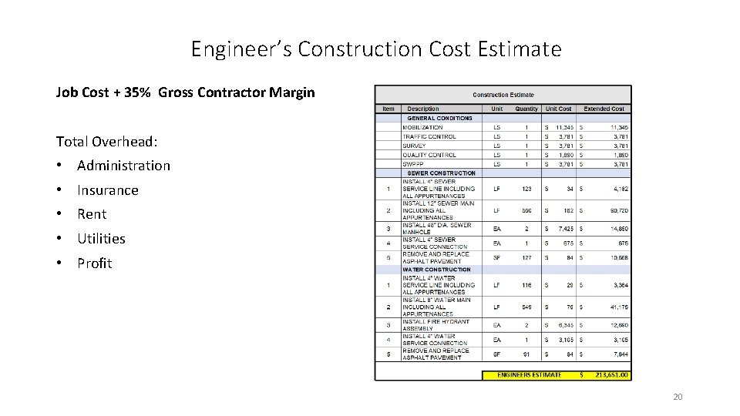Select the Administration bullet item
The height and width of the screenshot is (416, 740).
coord(123,166)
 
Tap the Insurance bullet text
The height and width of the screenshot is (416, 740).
coord(108,190)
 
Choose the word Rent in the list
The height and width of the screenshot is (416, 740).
coord(92,214)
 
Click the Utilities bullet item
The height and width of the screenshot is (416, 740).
coord(101,239)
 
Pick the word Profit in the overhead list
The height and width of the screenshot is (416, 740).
coord(94,263)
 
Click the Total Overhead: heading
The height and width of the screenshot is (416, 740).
coord(107,142)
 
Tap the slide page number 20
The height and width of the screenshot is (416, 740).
coord(678,397)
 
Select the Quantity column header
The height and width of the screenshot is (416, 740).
coord(526,109)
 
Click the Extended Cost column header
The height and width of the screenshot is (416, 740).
coord(604,109)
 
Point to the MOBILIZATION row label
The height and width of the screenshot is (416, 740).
coord(422,127)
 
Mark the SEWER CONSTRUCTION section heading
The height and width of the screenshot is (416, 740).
coord(441,173)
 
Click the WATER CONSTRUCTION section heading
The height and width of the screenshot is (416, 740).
coord(436,270)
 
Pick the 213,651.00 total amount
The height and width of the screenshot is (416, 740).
coord(612,375)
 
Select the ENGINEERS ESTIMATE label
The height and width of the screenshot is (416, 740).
coord(529,375)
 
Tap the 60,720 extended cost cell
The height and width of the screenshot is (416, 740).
coord(617,210)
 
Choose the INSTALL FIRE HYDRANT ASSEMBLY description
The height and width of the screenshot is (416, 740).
coord(436,325)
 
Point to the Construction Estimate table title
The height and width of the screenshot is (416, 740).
coord(503,95)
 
